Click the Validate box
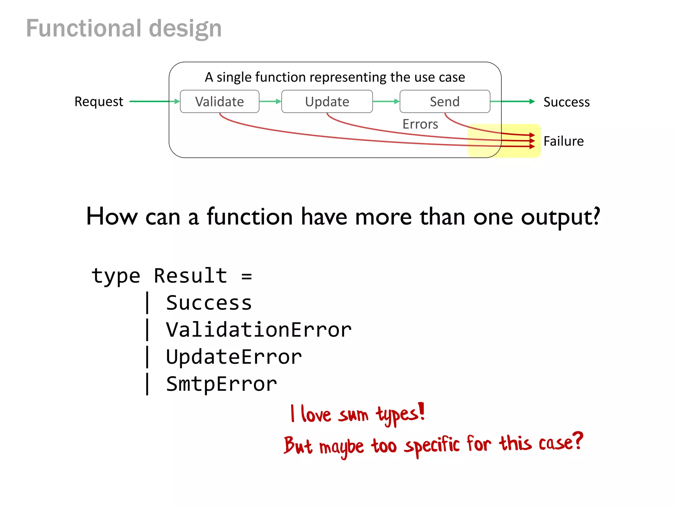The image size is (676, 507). tap(220, 102)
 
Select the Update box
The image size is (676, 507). tap(327, 102)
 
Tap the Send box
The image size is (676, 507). tap(445, 102)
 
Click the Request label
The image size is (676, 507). tap(99, 102)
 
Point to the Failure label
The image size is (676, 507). tap(563, 141)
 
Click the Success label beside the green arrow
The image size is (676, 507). tap(566, 102)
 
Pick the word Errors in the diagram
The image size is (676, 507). tap(420, 124)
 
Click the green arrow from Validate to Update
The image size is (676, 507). tap(270, 101)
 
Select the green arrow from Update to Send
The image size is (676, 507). tap(386, 101)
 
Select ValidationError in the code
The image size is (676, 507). tap(258, 330)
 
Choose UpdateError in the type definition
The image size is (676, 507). tap(234, 357)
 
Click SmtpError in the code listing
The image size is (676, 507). tap(221, 384)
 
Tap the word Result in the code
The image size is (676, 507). tap(190, 276)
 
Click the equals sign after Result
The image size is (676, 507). tap(247, 276)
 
